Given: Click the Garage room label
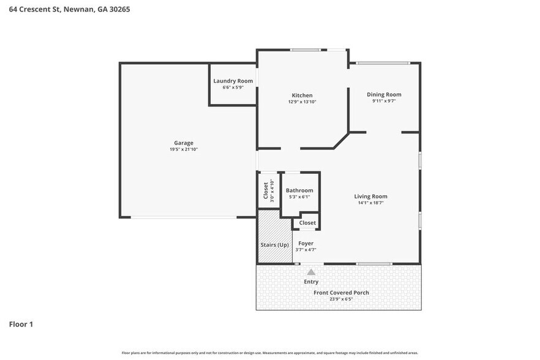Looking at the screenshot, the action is click(184, 143).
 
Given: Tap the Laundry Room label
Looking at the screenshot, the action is click(233, 81).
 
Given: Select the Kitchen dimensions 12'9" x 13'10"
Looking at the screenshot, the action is click(302, 102).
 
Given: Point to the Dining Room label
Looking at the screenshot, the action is click(384, 94).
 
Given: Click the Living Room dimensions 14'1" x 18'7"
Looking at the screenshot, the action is click(370, 203).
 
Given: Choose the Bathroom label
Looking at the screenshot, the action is click(299, 190).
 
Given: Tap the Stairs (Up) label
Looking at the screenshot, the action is click(274, 245).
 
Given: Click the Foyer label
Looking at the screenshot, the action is click(306, 243).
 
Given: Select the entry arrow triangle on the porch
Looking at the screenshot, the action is click(311, 272).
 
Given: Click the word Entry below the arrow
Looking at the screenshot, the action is click(311, 282).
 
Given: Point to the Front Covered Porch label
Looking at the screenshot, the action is click(341, 293).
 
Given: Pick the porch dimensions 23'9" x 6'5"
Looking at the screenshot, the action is click(341, 299).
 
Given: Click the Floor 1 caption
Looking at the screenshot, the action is click(21, 324).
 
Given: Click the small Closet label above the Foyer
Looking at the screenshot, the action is click(307, 223).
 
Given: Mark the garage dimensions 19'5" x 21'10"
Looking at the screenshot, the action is click(184, 149).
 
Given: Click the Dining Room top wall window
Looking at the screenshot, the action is click(383, 63).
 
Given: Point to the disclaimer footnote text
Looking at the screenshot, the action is click(270, 353).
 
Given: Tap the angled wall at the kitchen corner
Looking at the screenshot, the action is click(341, 140).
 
